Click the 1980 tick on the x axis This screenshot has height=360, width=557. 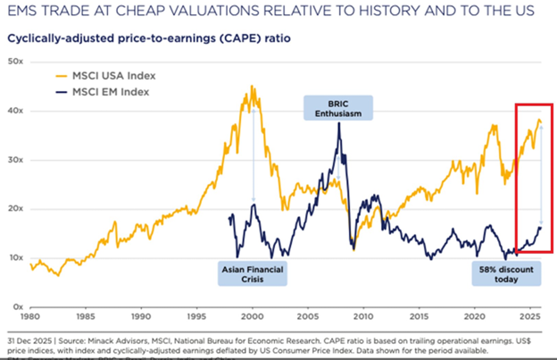click(x=30, y=316)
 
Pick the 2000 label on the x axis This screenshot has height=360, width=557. click(x=253, y=316)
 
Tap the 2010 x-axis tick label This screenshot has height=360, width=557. click(x=363, y=316)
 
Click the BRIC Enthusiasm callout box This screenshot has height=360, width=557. click(x=338, y=108)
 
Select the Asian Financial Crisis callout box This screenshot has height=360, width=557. click(x=253, y=272)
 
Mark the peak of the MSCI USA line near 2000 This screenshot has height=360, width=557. click(x=253, y=87)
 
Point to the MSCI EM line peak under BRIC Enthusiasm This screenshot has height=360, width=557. click(x=338, y=123)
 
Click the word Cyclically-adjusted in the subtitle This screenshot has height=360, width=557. click(x=52, y=39)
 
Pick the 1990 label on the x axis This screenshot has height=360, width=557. click(x=141, y=316)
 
